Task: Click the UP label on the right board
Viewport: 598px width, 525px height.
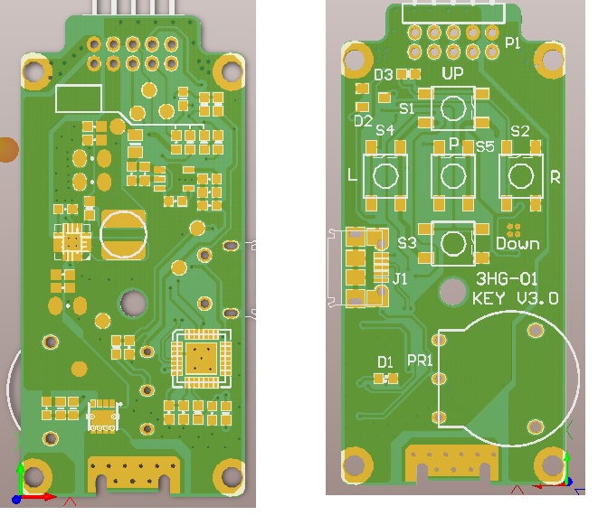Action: (452, 73)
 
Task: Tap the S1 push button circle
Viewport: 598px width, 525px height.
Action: (453, 108)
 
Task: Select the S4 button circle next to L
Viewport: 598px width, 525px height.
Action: (385, 176)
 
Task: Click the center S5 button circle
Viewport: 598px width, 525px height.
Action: (453, 176)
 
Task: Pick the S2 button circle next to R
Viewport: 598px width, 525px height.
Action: (521, 176)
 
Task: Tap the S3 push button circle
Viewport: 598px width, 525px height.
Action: (453, 243)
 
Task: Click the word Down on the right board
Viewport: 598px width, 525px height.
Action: (517, 244)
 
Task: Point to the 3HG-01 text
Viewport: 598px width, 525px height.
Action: (507, 279)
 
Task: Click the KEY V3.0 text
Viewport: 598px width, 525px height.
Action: (516, 298)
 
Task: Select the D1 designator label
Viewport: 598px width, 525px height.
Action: (385, 362)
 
